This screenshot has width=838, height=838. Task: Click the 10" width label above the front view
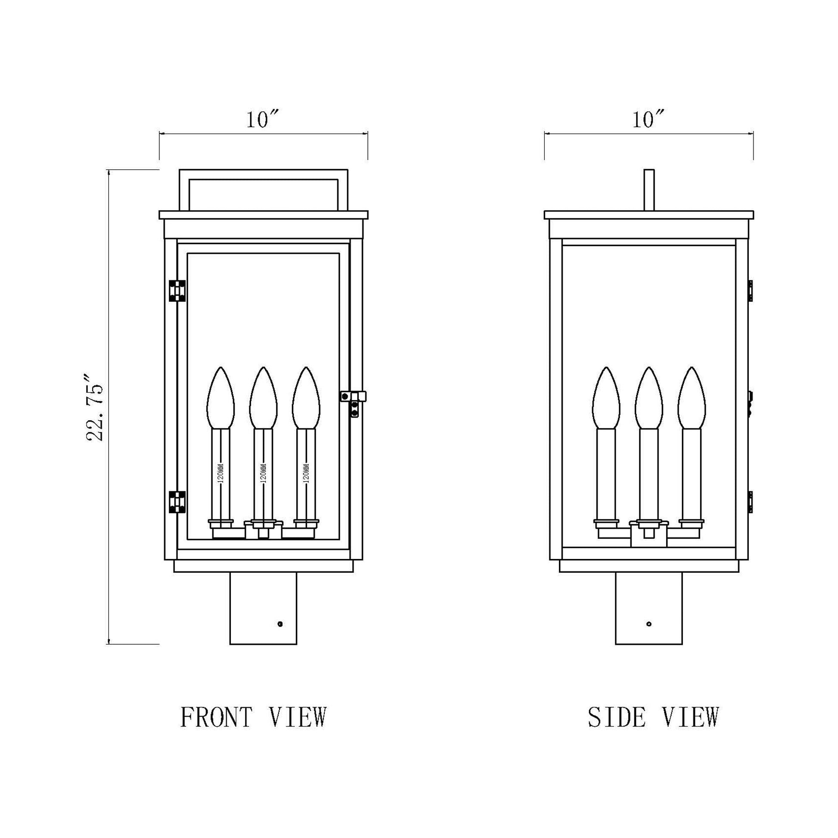tap(263, 120)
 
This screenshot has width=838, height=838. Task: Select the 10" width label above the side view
tap(648, 120)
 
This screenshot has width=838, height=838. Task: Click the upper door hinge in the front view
tap(177, 291)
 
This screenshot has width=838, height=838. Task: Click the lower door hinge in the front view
tap(177, 502)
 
